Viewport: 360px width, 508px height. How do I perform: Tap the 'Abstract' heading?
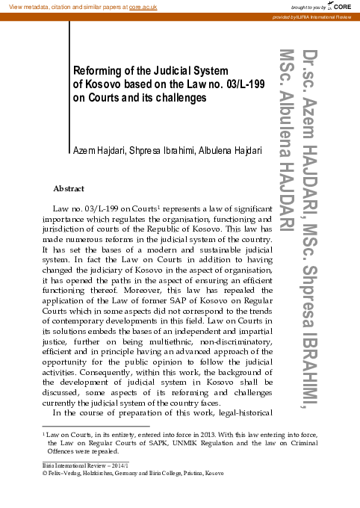click(x=69, y=188)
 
